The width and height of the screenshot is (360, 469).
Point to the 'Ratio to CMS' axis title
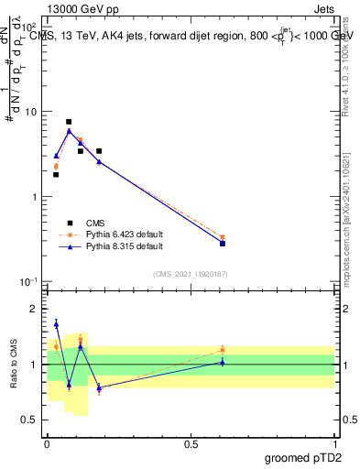(14, 364)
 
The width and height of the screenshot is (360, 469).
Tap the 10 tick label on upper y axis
(31, 112)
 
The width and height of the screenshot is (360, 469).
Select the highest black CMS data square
(69, 122)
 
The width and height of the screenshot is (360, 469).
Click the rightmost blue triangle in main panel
(223, 243)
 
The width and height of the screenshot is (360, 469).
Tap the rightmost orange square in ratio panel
(223, 350)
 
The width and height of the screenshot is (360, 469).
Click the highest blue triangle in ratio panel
(56, 323)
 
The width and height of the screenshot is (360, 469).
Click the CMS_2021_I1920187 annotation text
(190, 273)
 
